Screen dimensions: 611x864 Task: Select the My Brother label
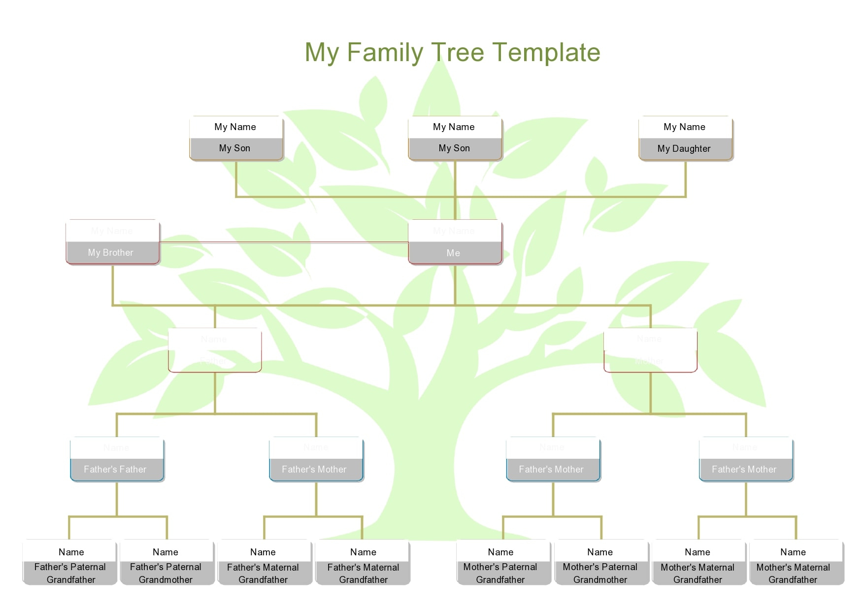click(111, 253)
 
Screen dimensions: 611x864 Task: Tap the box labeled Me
click(454, 253)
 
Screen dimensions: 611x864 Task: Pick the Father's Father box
click(116, 469)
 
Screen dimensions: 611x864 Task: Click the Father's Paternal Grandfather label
click(70, 573)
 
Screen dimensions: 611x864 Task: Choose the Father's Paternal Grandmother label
click(166, 573)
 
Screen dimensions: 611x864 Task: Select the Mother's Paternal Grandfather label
click(501, 573)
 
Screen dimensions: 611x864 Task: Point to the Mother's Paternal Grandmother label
click(600, 573)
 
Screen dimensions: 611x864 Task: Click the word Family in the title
click(385, 53)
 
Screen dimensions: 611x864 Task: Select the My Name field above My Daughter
click(685, 127)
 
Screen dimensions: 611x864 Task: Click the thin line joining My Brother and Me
click(283, 242)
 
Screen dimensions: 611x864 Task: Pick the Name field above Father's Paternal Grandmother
click(166, 552)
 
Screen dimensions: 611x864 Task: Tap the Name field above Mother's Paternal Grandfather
click(501, 552)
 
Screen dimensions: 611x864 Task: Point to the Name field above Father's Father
click(116, 447)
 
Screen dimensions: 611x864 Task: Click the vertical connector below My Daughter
click(685, 178)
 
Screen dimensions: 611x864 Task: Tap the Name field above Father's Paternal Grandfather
click(71, 552)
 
